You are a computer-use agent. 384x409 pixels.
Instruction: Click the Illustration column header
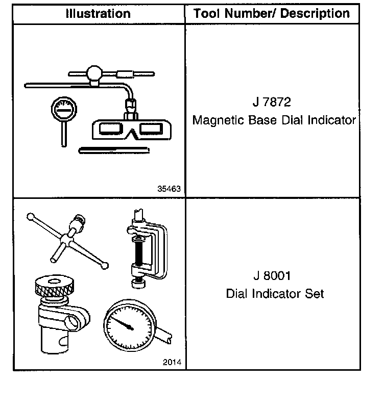click(98, 13)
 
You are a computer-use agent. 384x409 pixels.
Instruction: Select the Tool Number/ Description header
click(272, 13)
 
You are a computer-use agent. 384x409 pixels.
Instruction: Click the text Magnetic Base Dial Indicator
click(274, 120)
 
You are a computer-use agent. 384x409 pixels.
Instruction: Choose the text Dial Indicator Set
click(275, 294)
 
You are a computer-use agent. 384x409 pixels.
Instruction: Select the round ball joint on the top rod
click(94, 73)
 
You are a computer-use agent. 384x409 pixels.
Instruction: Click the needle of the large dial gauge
click(123, 322)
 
